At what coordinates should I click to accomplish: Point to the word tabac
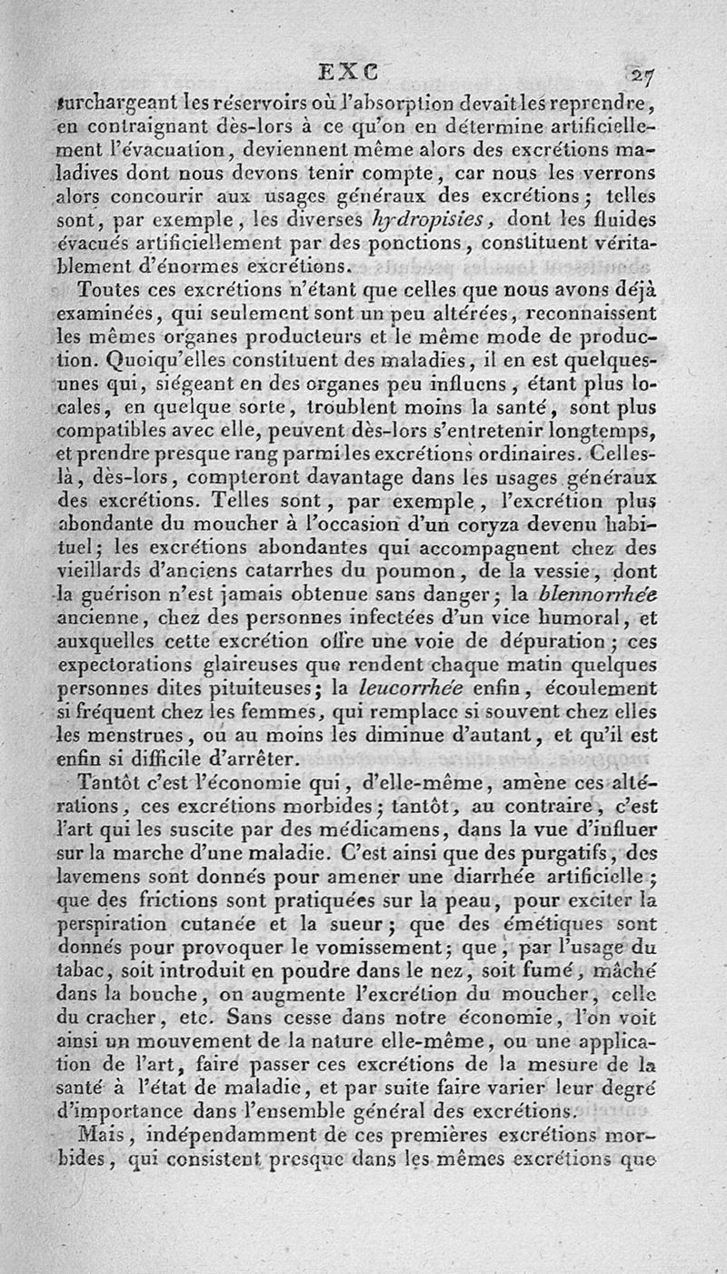[x=77, y=973]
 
